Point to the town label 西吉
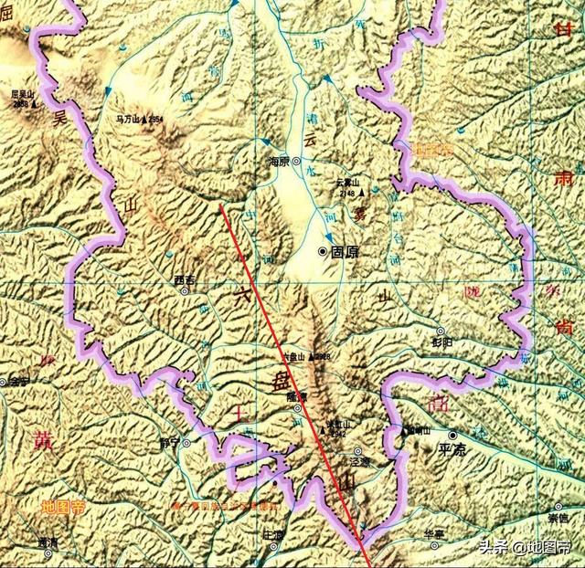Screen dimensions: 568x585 pos(185,279)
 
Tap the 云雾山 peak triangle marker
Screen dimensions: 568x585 pos(360,193)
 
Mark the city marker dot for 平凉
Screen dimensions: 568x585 pos(452,436)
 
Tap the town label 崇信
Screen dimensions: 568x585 pos(558,519)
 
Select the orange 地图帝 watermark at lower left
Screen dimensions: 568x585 pos(61,506)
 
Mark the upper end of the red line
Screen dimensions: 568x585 pos(221,205)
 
